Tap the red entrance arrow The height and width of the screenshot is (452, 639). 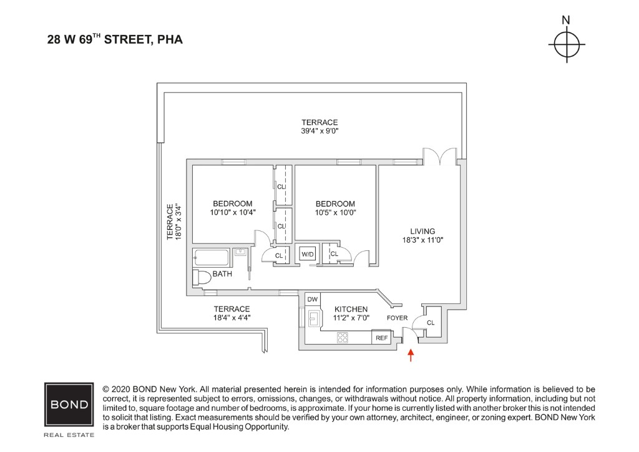(410, 355)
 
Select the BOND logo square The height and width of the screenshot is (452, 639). (69, 404)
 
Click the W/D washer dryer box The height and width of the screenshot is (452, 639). (307, 254)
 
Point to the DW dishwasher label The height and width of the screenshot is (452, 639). (313, 300)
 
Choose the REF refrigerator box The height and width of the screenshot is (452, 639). (381, 338)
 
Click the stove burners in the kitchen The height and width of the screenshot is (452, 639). (343, 337)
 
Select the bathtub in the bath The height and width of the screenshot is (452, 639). (212, 257)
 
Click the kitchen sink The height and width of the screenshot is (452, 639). (314, 320)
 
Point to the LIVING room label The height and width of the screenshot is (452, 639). (422, 231)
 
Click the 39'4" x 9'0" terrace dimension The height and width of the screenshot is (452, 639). (319, 131)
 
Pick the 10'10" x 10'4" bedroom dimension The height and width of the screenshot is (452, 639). (233, 212)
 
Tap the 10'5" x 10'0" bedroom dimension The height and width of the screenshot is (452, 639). (335, 212)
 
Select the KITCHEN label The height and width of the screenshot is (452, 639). (351, 309)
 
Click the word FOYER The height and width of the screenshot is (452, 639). (397, 318)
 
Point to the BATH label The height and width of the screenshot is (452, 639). (222, 274)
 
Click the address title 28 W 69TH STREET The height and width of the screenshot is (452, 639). (115, 40)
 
